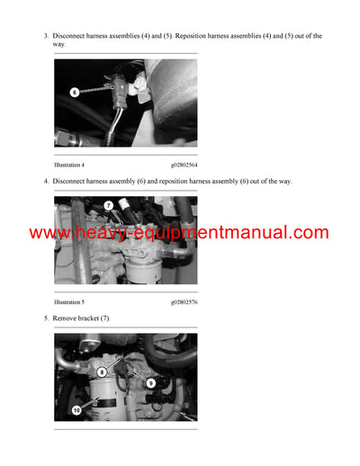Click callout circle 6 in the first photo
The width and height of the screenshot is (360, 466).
tap(75, 92)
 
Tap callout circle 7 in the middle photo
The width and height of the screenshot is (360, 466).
tap(108, 206)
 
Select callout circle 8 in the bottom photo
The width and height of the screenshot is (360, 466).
tap(102, 371)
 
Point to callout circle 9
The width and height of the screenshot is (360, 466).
tap(149, 382)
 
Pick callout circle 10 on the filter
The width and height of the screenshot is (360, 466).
tap(76, 410)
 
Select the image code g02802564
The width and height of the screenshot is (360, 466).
tap(184, 165)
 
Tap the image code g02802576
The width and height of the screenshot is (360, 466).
tap(184, 302)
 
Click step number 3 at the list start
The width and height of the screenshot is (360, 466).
tap(45, 36)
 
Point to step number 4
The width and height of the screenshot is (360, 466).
tap(45, 181)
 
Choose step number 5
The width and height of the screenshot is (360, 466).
tap(45, 318)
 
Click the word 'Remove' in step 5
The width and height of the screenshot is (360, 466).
tap(66, 318)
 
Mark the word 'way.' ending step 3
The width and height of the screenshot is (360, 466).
tap(59, 44)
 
